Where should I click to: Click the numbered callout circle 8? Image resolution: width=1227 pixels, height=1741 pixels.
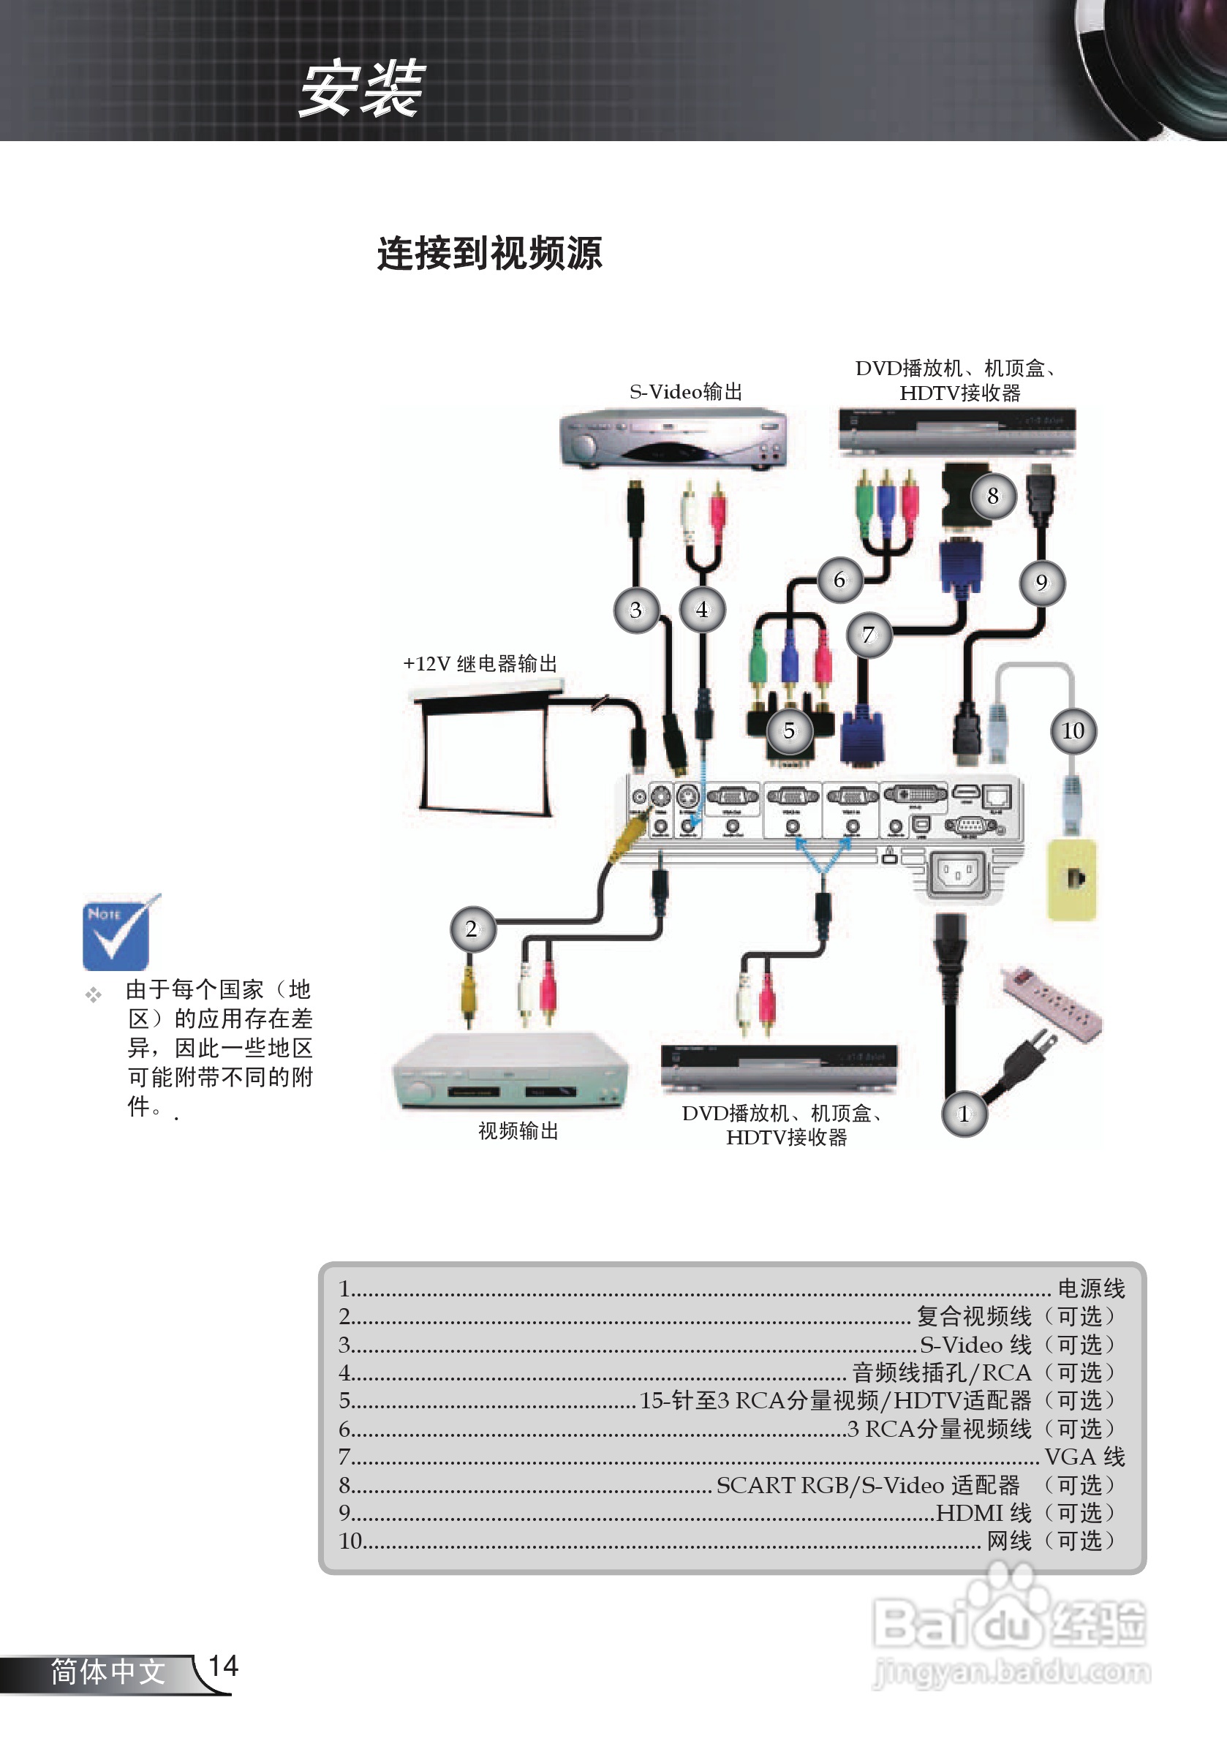[993, 496]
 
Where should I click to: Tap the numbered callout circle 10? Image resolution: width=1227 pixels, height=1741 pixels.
[1072, 731]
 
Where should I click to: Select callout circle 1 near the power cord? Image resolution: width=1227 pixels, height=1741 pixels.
[964, 1114]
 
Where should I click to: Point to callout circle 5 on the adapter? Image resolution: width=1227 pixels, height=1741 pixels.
[789, 731]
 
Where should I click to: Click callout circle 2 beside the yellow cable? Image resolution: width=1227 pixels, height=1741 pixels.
[472, 929]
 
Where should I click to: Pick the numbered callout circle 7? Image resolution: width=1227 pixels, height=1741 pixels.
[868, 635]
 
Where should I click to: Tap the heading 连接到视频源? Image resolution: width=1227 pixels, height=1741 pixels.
[490, 253]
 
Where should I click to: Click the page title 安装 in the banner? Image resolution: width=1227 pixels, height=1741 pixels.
[362, 89]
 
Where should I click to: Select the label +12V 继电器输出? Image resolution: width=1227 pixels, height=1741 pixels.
[480, 664]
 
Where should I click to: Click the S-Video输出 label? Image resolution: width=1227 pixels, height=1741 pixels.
[686, 392]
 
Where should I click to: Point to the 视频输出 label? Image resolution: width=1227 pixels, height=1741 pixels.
[518, 1131]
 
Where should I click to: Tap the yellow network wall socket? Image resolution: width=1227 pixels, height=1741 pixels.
[1071, 880]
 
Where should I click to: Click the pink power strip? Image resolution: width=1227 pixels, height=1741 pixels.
[1051, 1002]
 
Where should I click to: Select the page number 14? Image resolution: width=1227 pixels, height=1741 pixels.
[223, 1666]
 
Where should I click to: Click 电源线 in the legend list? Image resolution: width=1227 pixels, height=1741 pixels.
[1090, 1288]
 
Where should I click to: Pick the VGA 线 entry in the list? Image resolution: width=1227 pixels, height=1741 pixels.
[1084, 1457]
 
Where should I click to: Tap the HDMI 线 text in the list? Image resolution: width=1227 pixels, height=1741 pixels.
[984, 1513]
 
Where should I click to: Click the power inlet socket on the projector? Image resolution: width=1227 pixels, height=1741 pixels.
[958, 875]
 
